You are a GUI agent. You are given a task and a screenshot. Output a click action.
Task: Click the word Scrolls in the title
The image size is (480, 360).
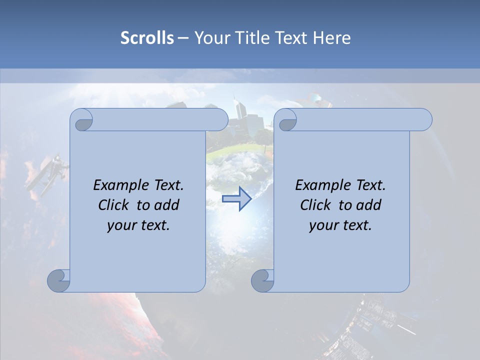147,38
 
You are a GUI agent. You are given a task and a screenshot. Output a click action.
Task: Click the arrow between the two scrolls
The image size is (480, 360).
236,199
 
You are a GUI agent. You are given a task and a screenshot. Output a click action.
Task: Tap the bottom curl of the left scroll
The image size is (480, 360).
59,280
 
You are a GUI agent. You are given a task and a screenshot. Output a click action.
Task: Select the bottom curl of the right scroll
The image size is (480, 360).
263,280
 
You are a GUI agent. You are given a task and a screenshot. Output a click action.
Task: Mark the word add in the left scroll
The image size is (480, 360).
167,205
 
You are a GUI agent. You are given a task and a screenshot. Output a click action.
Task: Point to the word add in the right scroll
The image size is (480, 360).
369,205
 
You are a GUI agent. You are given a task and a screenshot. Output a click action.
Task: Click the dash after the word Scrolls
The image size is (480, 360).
182,38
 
